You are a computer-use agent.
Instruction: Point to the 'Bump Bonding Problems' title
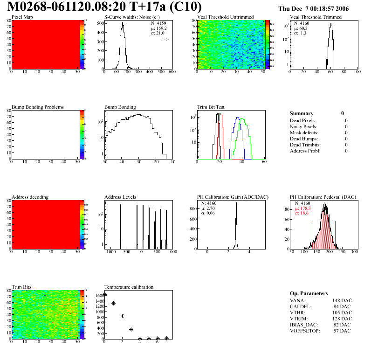(38, 107)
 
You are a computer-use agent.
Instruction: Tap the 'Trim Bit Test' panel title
(211, 107)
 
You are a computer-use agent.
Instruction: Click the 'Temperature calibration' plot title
(129, 287)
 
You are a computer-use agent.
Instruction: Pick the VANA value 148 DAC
(342, 300)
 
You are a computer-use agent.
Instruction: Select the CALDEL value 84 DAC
(343, 306)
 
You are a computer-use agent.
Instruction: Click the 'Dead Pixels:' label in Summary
(303, 121)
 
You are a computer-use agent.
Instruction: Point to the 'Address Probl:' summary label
(305, 151)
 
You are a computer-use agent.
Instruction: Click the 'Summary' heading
(302, 113)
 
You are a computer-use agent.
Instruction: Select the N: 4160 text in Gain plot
(210, 203)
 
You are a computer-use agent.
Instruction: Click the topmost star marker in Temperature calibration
(104, 295)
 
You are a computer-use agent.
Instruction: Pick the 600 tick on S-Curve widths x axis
(172, 72)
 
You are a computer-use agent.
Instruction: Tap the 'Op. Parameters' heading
(309, 294)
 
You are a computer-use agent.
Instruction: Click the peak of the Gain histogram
(236, 203)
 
